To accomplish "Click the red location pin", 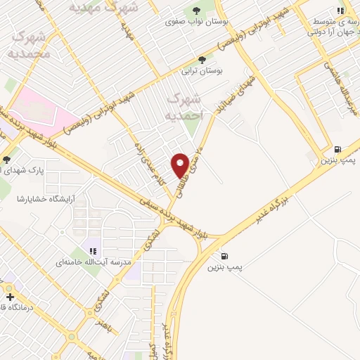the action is tap(180, 165).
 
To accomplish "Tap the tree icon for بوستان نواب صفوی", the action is tap(193, 11).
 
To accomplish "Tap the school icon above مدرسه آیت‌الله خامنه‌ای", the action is tap(93, 250).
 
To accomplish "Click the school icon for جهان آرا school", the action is tap(341, 11).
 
